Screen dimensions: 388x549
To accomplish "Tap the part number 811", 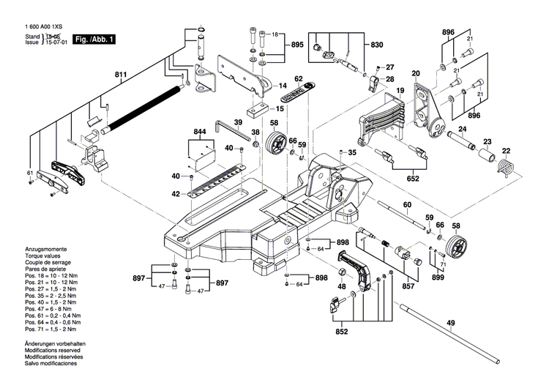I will [x=120, y=75].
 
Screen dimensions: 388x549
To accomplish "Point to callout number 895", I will [x=296, y=45].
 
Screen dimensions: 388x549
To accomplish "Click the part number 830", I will [x=376, y=45].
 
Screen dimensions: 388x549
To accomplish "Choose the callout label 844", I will [x=200, y=132].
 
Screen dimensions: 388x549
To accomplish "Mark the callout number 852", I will [x=343, y=331].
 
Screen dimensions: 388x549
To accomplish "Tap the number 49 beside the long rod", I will [x=450, y=324].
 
